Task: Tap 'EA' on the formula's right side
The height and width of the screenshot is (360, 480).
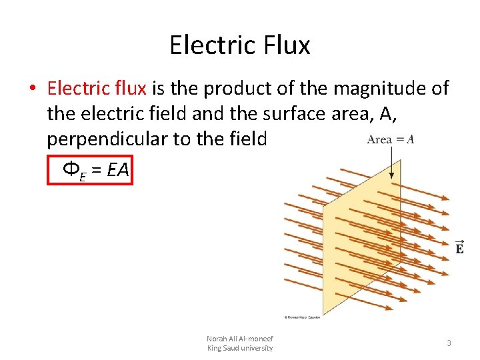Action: click(117, 170)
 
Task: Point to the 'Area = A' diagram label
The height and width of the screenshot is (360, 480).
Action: click(390, 139)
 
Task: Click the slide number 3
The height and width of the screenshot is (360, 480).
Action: click(449, 343)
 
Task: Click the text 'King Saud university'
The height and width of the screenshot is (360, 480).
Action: click(239, 348)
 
